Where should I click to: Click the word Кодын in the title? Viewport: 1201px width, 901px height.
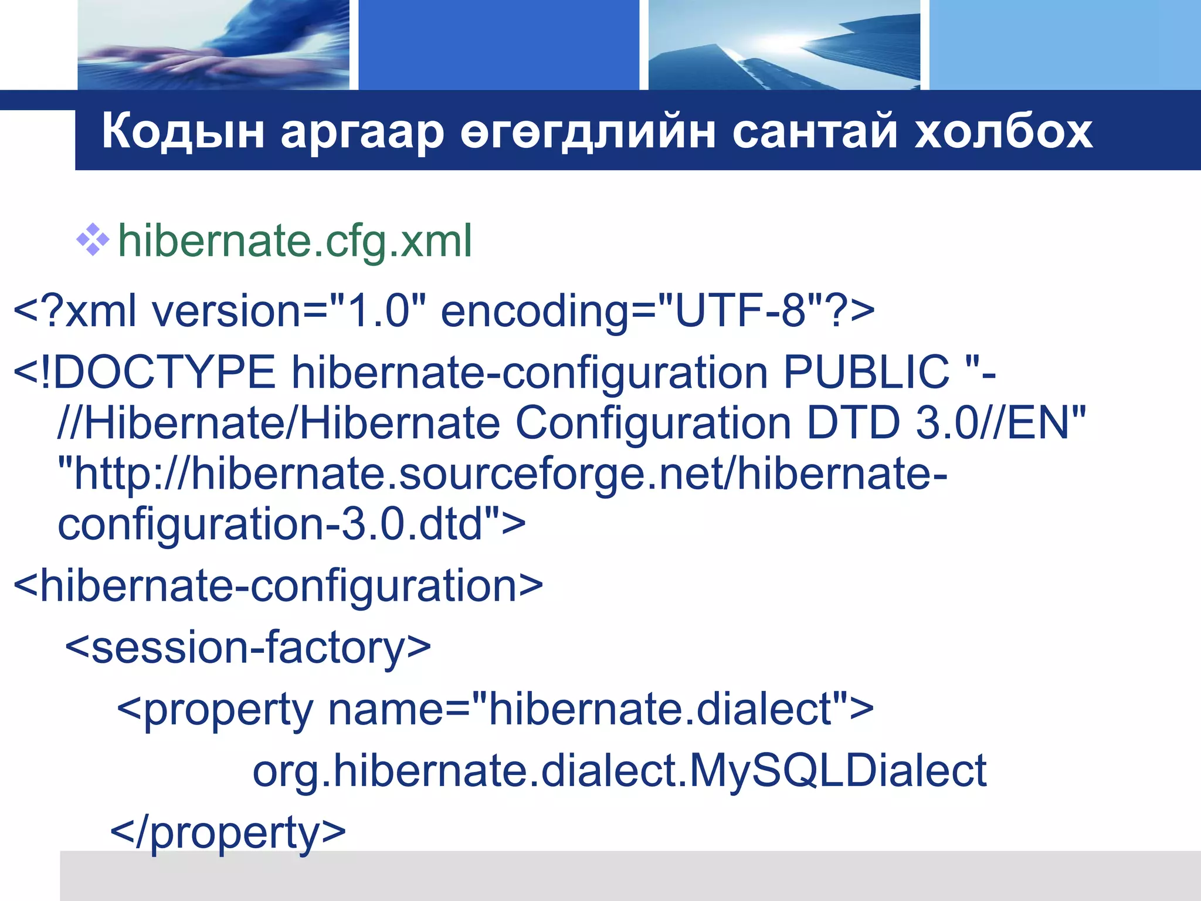click(182, 131)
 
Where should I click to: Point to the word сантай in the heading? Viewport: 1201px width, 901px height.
click(815, 131)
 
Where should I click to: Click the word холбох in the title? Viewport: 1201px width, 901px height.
click(1003, 131)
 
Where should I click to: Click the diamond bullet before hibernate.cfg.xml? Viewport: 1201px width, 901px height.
click(93, 240)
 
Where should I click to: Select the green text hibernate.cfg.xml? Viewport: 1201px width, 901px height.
click(295, 241)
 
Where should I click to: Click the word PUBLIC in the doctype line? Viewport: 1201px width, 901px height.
click(866, 372)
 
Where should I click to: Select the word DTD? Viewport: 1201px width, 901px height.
click(853, 423)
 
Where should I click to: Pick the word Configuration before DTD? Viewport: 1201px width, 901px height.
click(653, 424)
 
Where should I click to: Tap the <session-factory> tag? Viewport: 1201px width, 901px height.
click(248, 648)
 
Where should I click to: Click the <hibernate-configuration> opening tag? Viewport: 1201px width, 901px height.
click(278, 585)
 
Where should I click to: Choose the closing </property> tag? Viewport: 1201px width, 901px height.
click(228, 832)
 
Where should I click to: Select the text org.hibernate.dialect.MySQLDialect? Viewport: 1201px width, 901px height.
click(619, 771)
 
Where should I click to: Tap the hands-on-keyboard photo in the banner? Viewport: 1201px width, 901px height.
click(213, 45)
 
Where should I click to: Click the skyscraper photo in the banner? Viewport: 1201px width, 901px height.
click(784, 45)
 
